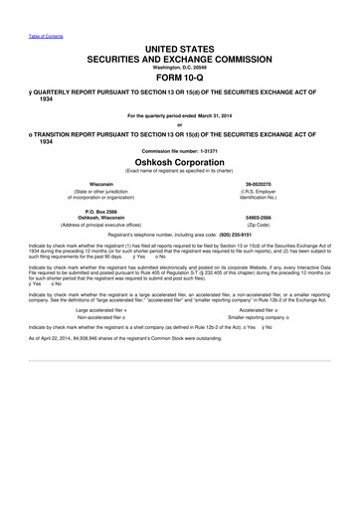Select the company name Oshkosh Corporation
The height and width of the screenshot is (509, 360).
click(x=179, y=160)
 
